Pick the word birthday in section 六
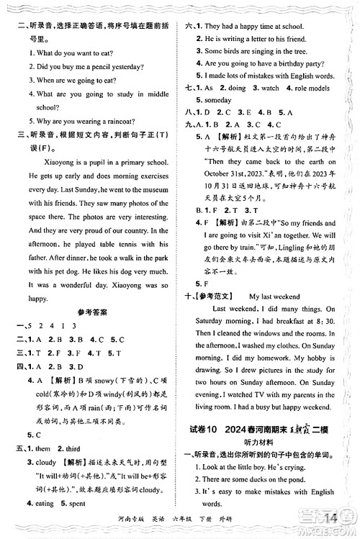[x=303, y=63]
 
